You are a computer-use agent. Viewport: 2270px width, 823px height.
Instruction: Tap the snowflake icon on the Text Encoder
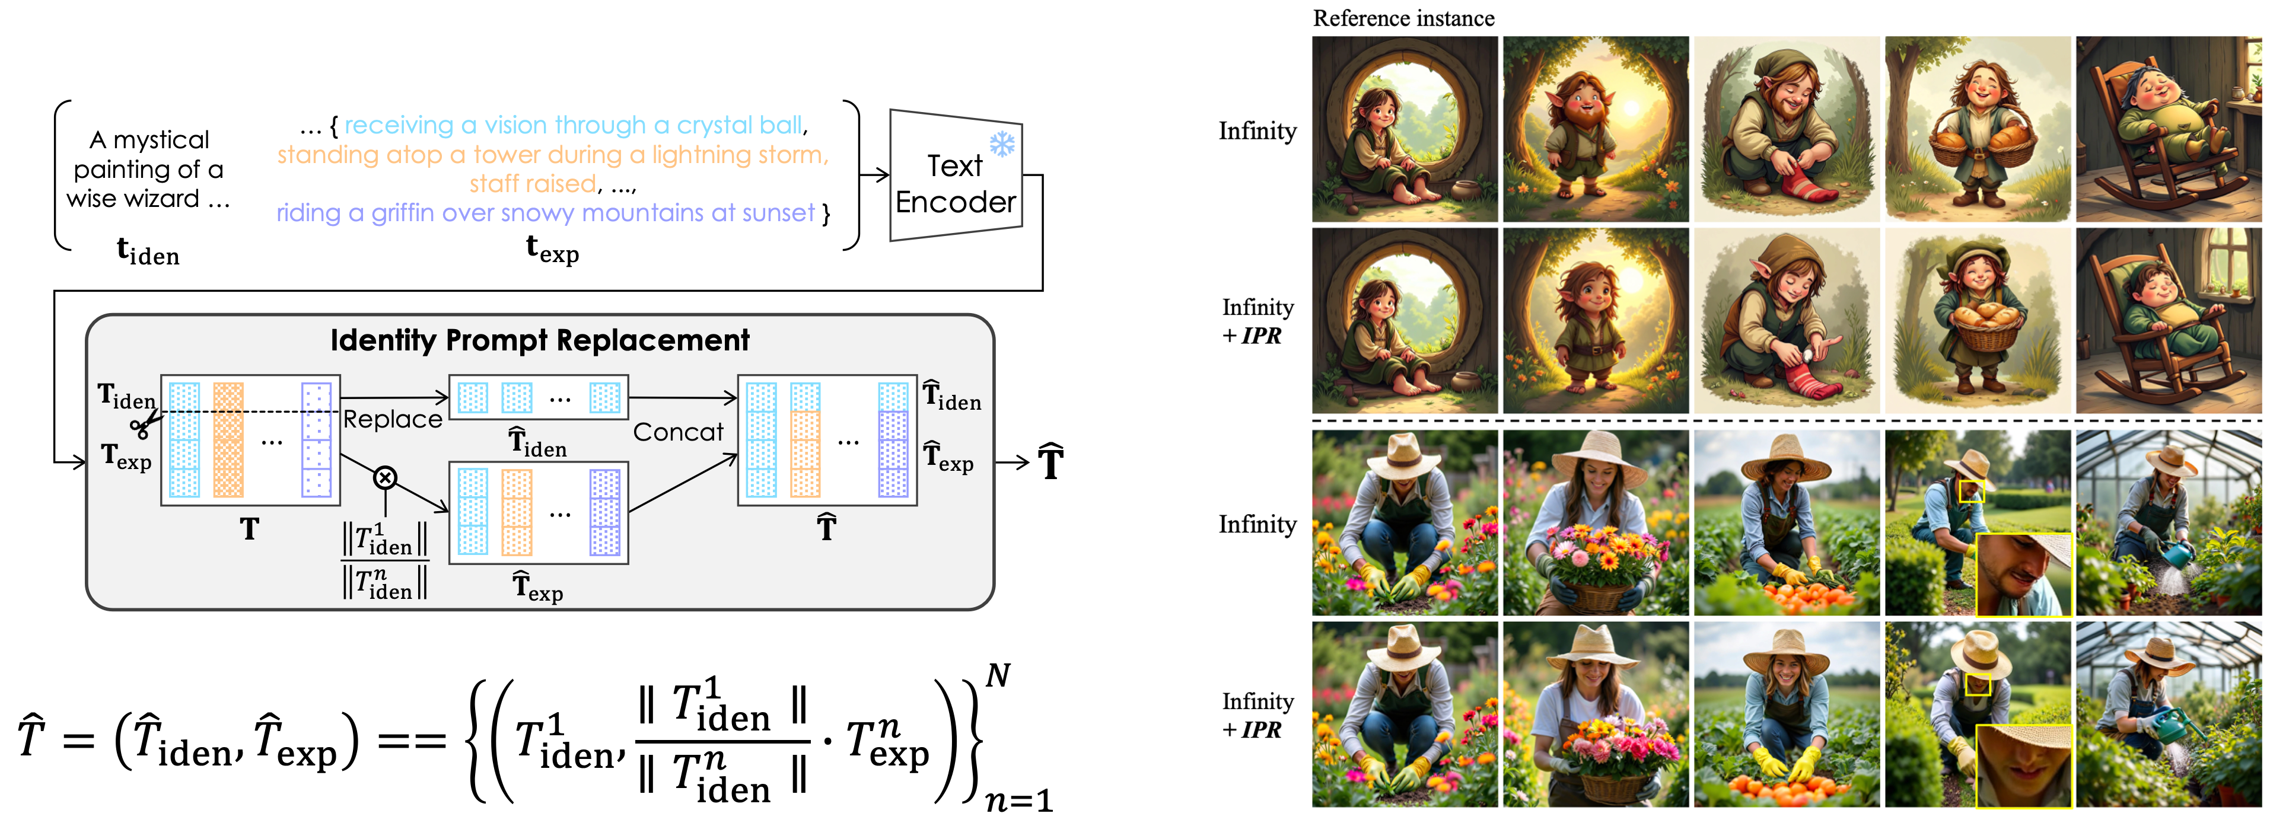pos(1002,143)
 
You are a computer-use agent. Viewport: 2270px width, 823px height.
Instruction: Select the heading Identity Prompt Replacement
pos(539,340)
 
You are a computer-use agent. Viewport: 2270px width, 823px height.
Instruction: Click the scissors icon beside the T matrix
pos(143,426)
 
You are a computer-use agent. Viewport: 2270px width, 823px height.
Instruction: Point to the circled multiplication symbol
pos(385,477)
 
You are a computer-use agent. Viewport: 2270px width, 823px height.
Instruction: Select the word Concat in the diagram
pos(677,432)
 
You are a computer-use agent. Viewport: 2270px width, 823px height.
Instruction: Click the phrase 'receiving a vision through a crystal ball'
pos(574,125)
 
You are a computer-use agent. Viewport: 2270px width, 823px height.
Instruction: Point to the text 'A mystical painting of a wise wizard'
pos(148,169)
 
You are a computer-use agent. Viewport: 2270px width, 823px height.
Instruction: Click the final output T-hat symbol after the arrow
pos(1050,462)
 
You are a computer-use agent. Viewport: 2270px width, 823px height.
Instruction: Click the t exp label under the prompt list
pos(552,250)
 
